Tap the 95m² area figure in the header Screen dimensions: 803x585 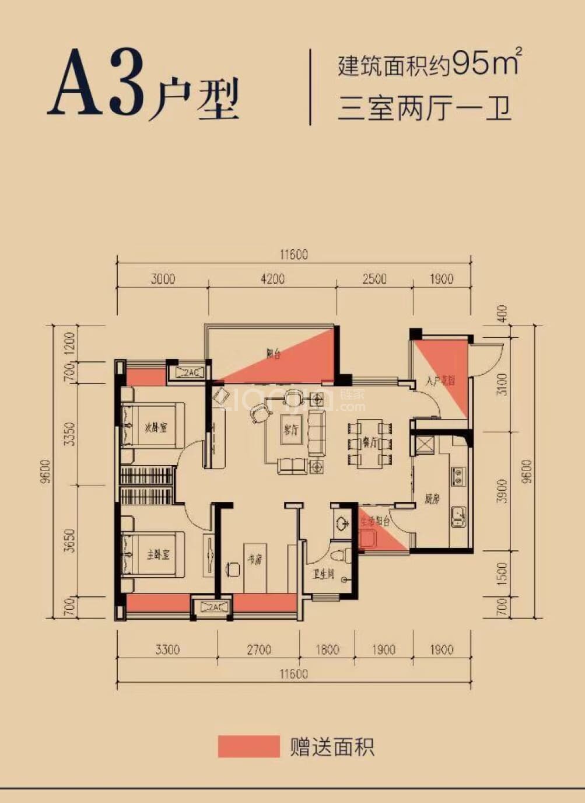click(x=486, y=62)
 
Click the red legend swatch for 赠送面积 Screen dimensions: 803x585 click(x=248, y=746)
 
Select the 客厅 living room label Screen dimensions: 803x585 click(x=291, y=430)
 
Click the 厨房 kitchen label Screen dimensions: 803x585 click(x=432, y=500)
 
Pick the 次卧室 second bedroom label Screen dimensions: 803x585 click(x=156, y=428)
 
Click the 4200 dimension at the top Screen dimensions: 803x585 click(x=272, y=279)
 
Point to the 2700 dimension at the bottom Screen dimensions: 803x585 click(x=258, y=650)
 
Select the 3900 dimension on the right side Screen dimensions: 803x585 click(x=502, y=491)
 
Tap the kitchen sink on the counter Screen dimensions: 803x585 click(x=458, y=516)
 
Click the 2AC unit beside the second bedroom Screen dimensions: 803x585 click(x=187, y=372)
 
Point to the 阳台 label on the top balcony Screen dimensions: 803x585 click(x=273, y=354)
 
